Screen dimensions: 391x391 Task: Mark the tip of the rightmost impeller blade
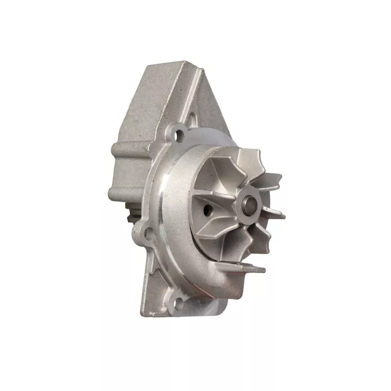(x=282, y=214)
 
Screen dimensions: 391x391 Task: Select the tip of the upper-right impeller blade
(x=279, y=176)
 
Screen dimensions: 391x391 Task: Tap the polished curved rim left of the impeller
(x=169, y=205)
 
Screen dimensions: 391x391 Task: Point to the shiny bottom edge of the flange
(x=205, y=305)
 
